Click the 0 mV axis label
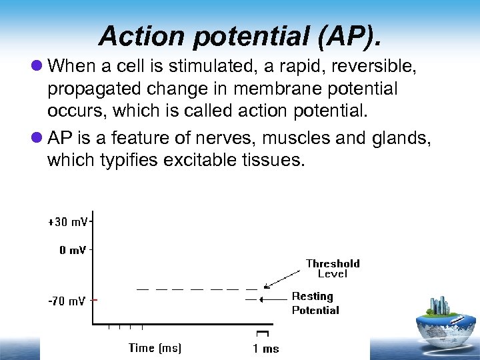tap(72, 251)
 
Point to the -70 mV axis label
tap(67, 301)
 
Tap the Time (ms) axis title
tap(155, 347)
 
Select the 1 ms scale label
tap(265, 349)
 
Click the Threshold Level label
tap(333, 268)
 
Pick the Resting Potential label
tap(315, 303)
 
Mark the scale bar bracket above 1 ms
tap(262, 333)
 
